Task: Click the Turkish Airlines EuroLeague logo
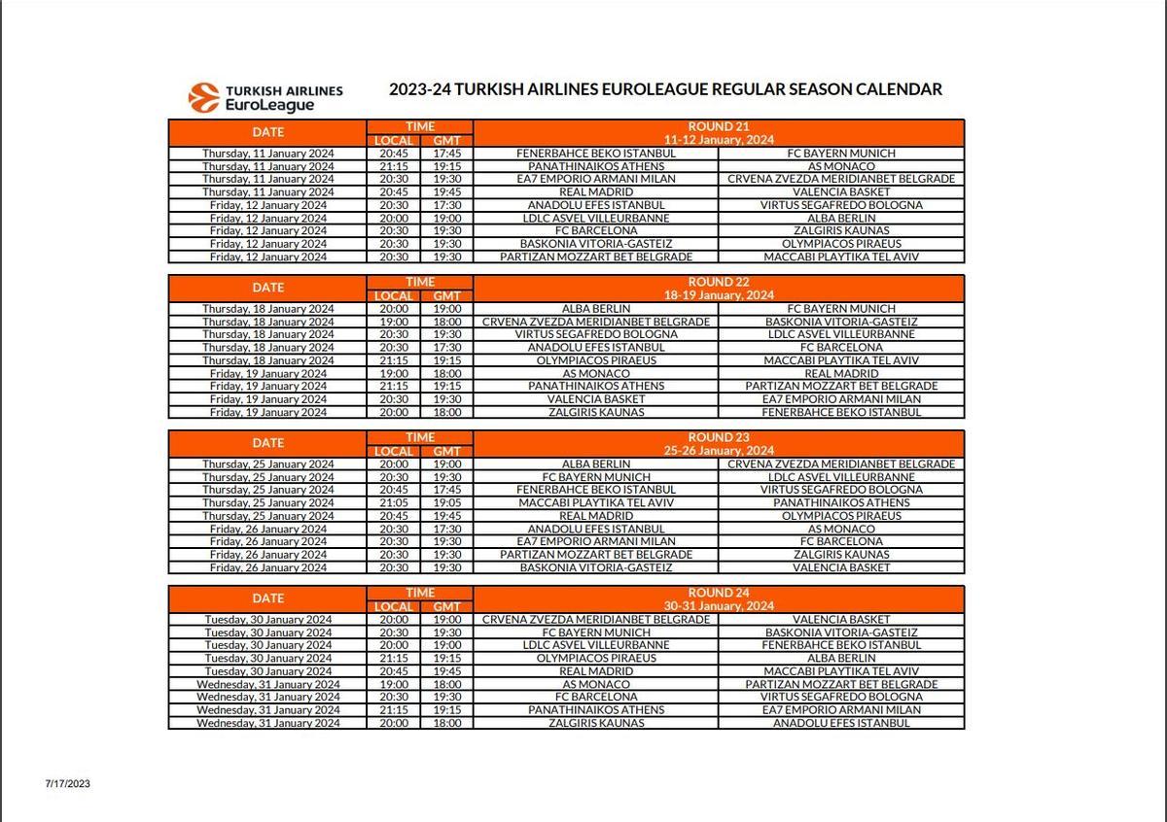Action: tap(265, 97)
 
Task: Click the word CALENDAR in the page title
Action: tap(899, 89)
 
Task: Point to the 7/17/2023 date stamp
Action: tap(67, 783)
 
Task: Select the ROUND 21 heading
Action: tap(719, 126)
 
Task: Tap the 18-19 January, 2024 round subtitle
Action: tap(719, 295)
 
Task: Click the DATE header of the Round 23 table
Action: tap(268, 443)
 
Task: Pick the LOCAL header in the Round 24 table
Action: tap(394, 606)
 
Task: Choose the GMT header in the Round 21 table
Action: tap(447, 140)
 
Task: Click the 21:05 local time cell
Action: tap(394, 503)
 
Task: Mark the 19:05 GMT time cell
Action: tap(447, 503)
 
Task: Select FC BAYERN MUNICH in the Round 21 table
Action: tap(841, 154)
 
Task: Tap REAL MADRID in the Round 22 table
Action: tap(841, 373)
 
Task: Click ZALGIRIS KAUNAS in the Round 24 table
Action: tap(596, 723)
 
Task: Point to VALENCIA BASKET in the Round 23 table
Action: tap(841, 567)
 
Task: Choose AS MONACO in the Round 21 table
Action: tap(841, 166)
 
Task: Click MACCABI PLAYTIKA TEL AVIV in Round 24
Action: tap(841, 671)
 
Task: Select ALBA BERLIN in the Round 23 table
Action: tap(596, 464)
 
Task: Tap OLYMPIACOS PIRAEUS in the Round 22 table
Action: tap(596, 360)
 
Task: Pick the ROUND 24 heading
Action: tap(719, 593)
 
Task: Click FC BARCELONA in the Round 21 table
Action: tap(596, 231)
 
